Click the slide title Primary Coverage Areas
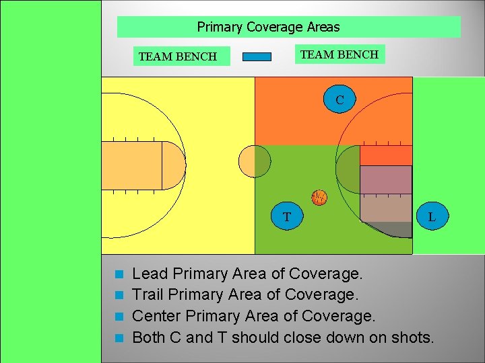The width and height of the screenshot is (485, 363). [268, 28]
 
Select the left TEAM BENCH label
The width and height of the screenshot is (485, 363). [177, 56]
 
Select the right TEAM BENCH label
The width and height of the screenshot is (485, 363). [339, 54]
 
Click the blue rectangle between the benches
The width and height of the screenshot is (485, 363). [257, 56]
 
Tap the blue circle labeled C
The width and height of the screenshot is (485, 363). [339, 99]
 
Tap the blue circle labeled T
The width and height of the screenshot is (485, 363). [287, 216]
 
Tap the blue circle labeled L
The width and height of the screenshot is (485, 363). [431, 216]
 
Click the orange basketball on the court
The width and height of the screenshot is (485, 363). [319, 197]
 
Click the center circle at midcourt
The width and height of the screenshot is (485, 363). [255, 161]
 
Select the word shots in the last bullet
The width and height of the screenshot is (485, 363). [411, 337]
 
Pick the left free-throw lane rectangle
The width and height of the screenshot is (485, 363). [131, 165]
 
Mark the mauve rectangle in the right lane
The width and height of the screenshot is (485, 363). [385, 179]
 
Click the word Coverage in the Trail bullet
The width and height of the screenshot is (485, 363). [322, 294]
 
